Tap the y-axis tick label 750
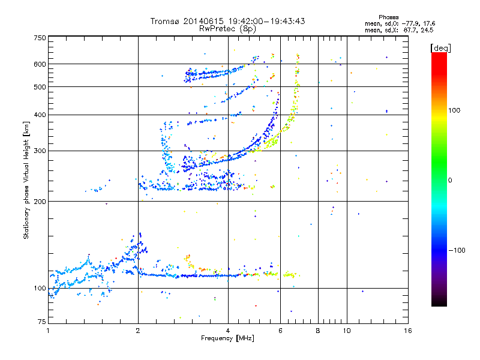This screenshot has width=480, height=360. click(x=40, y=38)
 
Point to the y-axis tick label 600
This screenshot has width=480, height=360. click(x=40, y=64)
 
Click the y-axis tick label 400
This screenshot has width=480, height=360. click(x=40, y=115)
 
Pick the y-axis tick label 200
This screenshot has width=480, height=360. click(x=40, y=202)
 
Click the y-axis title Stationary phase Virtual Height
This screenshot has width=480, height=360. click(x=26, y=180)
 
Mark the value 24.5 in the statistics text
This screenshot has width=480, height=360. click(x=427, y=29)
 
